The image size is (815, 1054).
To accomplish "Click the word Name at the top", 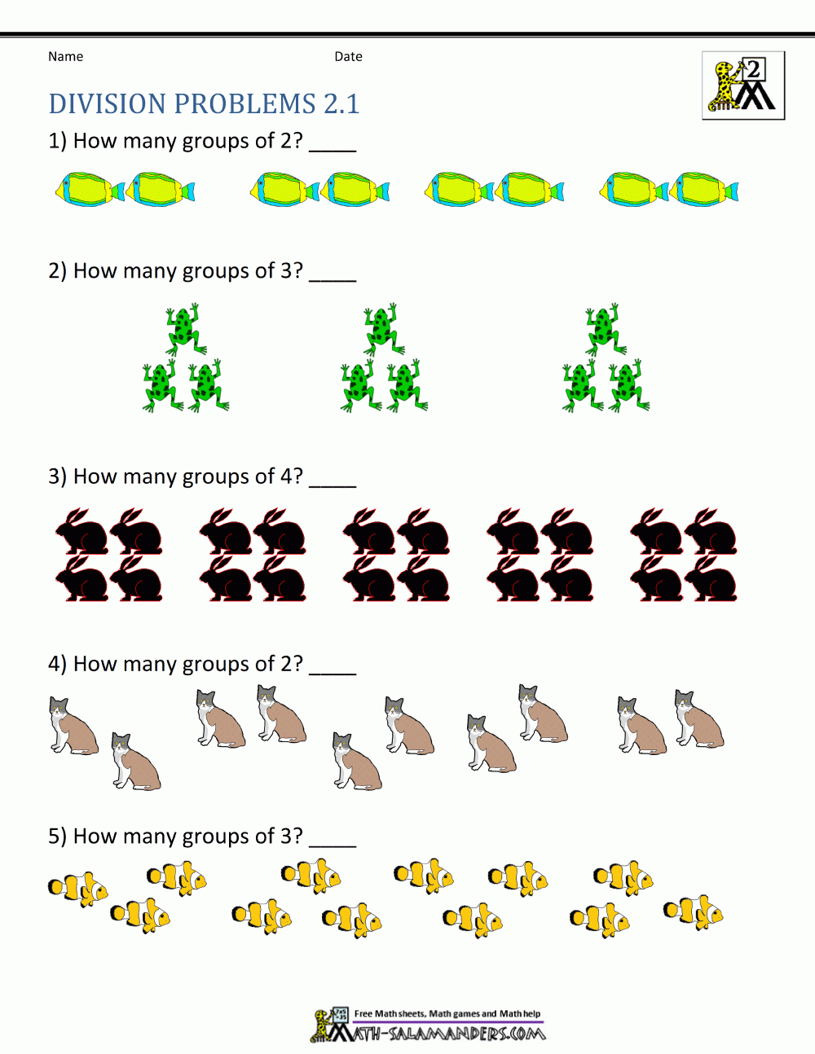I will coord(65,56).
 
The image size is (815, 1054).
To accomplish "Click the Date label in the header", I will coord(348,56).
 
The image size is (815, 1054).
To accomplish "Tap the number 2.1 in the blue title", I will coord(341,104).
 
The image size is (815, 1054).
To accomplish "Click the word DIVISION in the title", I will coord(108,104).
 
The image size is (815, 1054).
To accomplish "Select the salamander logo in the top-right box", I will coord(742,86).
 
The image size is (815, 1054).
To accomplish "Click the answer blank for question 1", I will coord(333,147).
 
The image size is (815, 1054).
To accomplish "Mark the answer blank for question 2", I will coord(333,277).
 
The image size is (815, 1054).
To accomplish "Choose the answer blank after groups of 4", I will coord(333,482).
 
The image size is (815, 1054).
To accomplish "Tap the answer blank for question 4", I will coord(333,670).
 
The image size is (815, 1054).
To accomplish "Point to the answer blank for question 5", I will coord(333,842).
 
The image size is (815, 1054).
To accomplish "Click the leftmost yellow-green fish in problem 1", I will coord(88,190).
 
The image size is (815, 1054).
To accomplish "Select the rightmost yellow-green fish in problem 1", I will coord(707,190).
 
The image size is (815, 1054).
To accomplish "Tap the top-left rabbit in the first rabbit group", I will coord(81,532).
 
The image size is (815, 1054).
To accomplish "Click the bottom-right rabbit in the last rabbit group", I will coord(711,580).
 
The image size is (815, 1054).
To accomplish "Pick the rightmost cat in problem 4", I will coord(698,719).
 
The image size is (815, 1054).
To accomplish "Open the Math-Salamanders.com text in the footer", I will coord(448,1034).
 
